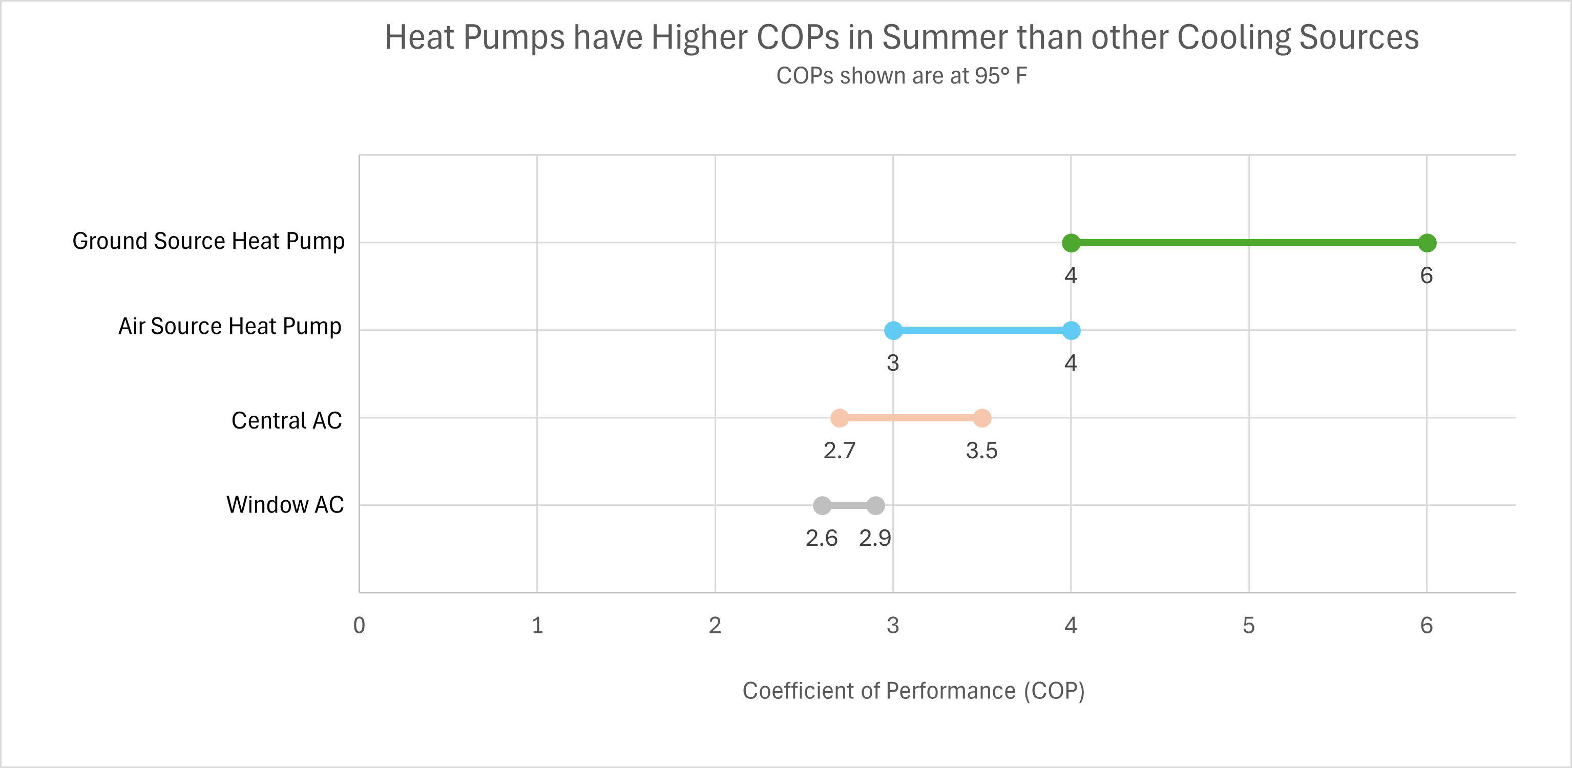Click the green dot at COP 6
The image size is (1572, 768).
click(x=1427, y=243)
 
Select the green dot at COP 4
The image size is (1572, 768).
click(x=1071, y=243)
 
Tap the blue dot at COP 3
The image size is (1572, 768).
click(x=893, y=331)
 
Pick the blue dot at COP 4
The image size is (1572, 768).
click(x=1071, y=331)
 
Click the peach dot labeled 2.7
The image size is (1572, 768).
click(x=840, y=418)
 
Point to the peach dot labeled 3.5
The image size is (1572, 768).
click(x=982, y=418)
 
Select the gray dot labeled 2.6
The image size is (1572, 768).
click(x=822, y=506)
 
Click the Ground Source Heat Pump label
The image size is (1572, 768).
click(x=208, y=242)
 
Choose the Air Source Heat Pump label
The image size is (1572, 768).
click(x=229, y=326)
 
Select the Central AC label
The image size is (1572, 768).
click(x=286, y=421)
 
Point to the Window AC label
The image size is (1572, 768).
click(x=285, y=505)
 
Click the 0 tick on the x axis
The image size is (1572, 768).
click(x=360, y=625)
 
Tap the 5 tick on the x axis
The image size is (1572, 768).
click(x=1249, y=625)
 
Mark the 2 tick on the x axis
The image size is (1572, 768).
click(x=715, y=625)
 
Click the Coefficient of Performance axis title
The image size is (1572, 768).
click(x=913, y=691)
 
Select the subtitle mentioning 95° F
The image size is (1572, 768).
click(x=902, y=76)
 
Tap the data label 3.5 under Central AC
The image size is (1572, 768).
click(x=981, y=451)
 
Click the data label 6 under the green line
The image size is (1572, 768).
click(x=1426, y=276)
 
